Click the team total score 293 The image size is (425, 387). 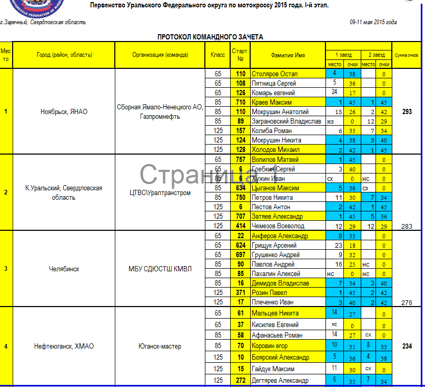[407, 111]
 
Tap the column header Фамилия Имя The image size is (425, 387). [288, 55]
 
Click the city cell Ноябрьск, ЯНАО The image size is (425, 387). [64, 111]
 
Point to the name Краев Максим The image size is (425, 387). [271, 103]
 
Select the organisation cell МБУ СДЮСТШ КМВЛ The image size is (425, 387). [160, 269]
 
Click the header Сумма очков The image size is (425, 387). [407, 55]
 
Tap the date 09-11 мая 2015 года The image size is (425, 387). [373, 22]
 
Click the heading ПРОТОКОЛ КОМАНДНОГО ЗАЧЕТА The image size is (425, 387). [210, 37]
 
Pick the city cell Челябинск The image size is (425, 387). [64, 269]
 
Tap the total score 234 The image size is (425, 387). [407, 347]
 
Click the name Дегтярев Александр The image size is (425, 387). [280, 381]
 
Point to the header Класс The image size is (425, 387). [218, 55]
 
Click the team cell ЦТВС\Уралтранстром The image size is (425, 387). [160, 192]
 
